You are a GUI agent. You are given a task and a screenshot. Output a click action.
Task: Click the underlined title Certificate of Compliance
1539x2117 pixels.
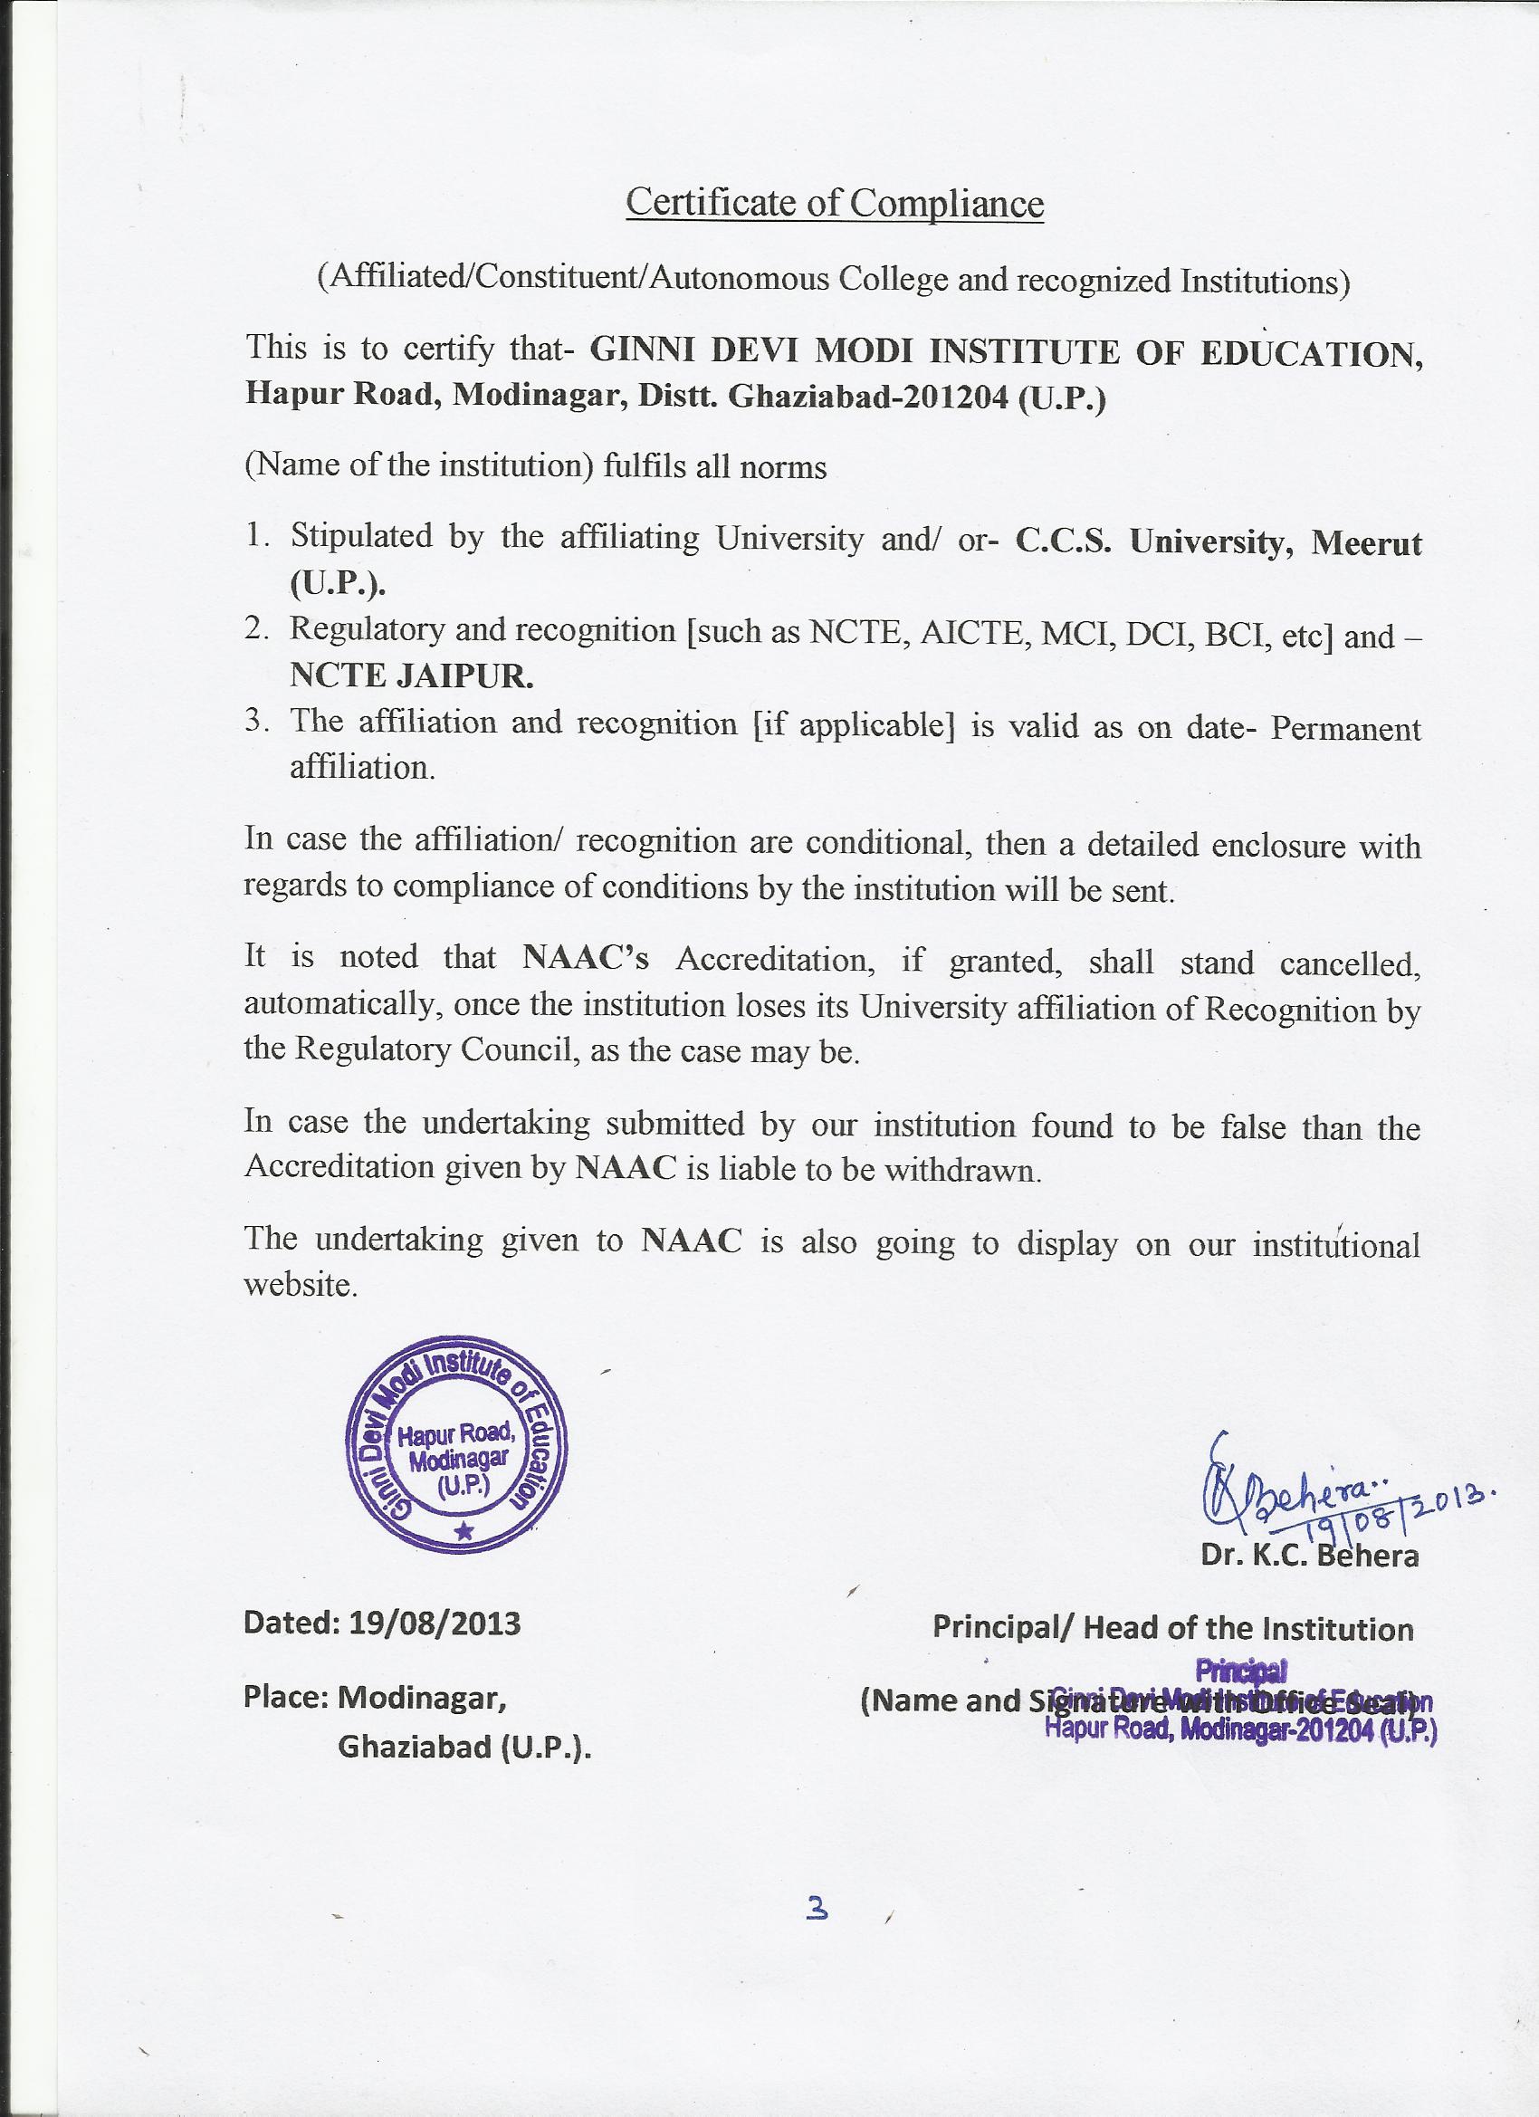tap(835, 203)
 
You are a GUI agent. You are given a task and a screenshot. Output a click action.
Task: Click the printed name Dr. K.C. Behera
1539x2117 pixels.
tap(1309, 1556)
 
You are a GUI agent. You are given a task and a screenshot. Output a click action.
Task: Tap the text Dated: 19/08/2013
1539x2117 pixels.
tap(382, 1624)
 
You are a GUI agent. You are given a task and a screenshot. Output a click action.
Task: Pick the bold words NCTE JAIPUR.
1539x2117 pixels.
tap(412, 676)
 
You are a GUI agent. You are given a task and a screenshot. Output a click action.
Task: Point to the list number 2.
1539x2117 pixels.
tap(257, 630)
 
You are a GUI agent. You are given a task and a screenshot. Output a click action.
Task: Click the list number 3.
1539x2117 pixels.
tap(257, 722)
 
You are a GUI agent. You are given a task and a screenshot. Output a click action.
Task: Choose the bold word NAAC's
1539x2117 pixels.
tap(585, 959)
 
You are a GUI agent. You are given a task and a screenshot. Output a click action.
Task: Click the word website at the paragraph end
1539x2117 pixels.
tap(300, 1286)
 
